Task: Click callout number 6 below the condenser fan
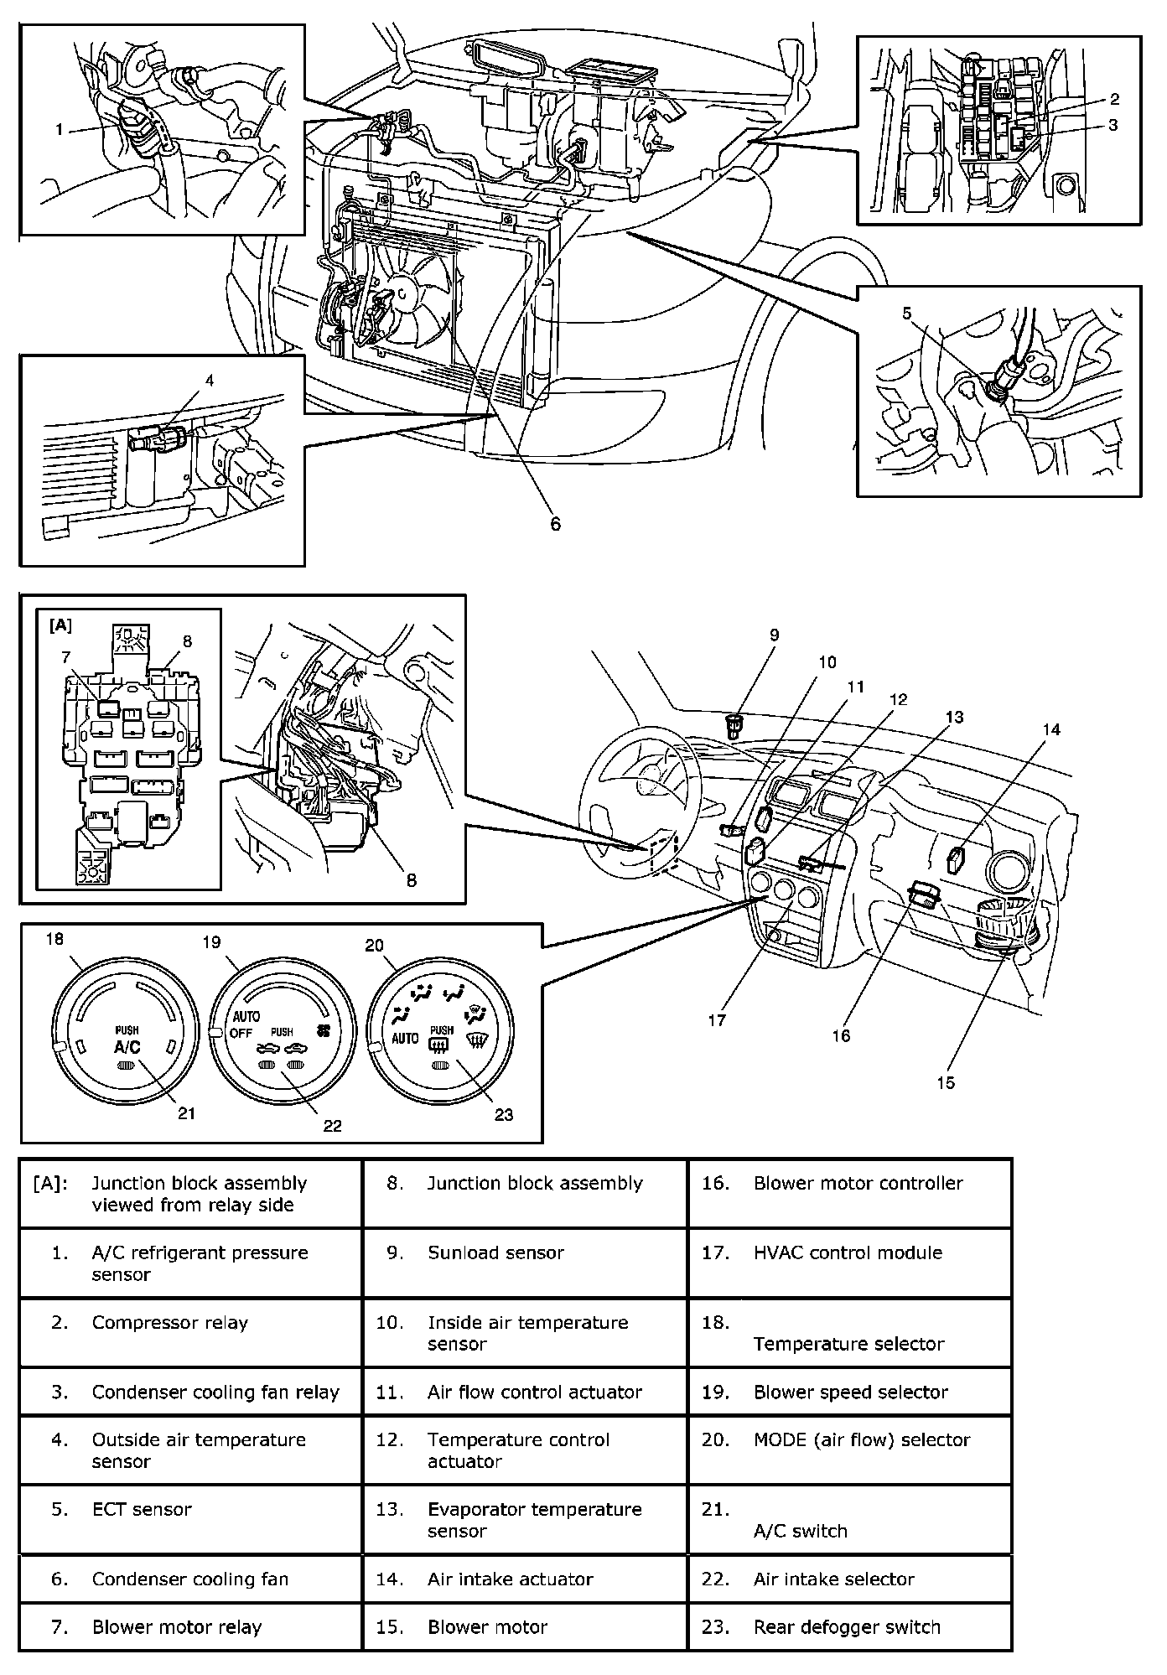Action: [x=555, y=525]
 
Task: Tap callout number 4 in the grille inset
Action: [x=210, y=381]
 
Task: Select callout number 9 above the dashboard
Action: [x=774, y=635]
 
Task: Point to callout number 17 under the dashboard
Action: [x=718, y=1020]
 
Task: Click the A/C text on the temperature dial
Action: [x=127, y=1046]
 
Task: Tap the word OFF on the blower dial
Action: [x=241, y=1033]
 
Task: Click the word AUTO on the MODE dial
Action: [x=405, y=1039]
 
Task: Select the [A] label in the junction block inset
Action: [x=61, y=625]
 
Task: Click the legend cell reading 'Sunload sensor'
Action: [x=495, y=1252]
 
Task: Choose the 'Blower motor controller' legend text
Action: [x=858, y=1183]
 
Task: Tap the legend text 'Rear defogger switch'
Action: [x=847, y=1627]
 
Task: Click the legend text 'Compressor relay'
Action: [x=170, y=1323]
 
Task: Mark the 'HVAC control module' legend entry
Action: [x=848, y=1252]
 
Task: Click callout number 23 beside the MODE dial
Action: [x=503, y=1114]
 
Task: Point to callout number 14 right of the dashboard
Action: [x=1051, y=729]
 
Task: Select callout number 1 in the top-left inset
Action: [x=60, y=129]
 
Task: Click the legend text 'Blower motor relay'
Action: [x=177, y=1627]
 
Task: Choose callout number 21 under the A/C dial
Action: [x=186, y=1112]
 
